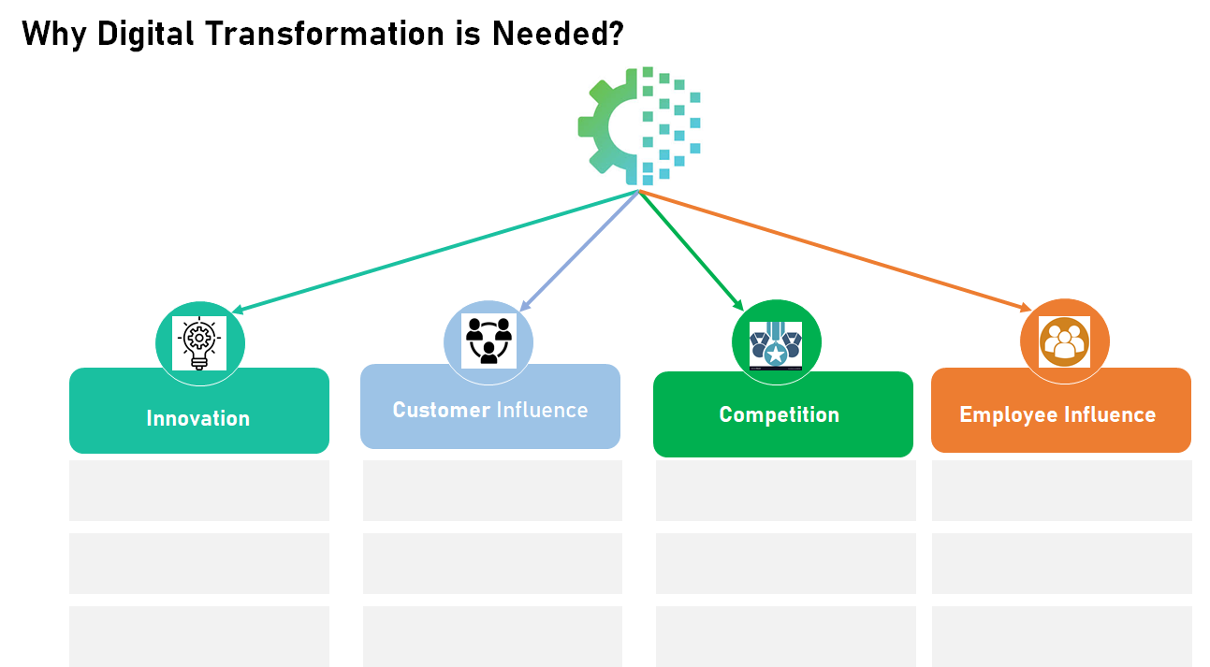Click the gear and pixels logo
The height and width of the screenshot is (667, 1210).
point(639,126)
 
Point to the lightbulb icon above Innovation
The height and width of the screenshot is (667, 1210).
point(199,343)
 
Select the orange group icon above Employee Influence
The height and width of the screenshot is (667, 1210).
point(1064,342)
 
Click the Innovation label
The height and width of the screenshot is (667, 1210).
point(198,418)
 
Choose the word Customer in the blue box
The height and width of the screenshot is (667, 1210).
point(441,410)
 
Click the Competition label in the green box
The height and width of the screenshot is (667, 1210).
point(779,414)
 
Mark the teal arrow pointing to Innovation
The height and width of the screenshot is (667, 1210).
point(435,252)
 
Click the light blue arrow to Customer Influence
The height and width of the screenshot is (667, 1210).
point(580,250)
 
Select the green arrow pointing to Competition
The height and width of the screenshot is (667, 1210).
point(691,250)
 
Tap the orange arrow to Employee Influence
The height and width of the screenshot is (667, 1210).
point(833,250)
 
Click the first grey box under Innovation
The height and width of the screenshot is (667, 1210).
point(199,490)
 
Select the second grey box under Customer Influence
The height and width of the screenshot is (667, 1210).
point(492,563)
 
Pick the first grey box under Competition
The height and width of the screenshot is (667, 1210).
point(785,490)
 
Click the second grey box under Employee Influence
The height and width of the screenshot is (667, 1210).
point(1061,563)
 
